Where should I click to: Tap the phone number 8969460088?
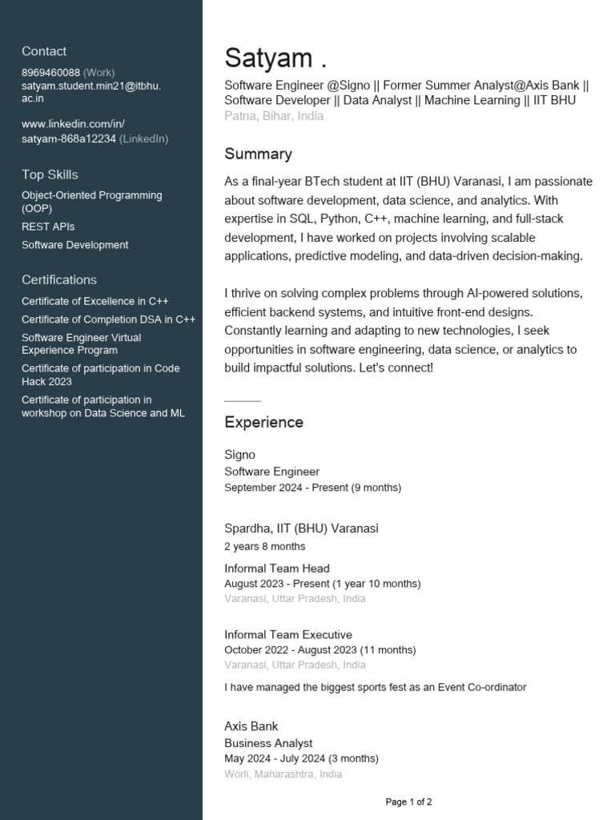click(50, 72)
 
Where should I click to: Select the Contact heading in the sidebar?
click(44, 51)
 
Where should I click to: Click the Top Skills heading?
click(50, 175)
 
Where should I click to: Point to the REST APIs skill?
click(48, 227)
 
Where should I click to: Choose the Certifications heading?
click(59, 279)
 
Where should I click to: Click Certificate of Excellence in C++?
click(95, 301)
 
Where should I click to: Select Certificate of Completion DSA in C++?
click(108, 319)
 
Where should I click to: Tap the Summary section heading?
click(258, 154)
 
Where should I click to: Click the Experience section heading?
click(263, 422)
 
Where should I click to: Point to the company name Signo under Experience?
click(239, 455)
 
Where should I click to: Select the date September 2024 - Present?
click(312, 487)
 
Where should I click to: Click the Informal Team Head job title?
click(277, 569)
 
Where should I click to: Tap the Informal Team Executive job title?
click(288, 635)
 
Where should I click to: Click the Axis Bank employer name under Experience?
click(251, 726)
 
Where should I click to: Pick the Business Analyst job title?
click(268, 743)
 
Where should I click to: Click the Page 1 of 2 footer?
click(408, 802)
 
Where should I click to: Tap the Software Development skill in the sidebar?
click(74, 245)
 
